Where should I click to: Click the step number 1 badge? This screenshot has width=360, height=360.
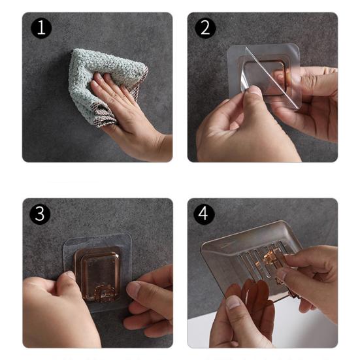click(41, 28)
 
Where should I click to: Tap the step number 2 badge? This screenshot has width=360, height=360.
click(205, 28)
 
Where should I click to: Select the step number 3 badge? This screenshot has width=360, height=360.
click(40, 214)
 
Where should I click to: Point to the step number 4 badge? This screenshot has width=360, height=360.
click(204, 214)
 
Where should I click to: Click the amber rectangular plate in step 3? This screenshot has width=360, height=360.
click(97, 273)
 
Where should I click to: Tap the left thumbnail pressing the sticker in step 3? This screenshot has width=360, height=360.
click(70, 276)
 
